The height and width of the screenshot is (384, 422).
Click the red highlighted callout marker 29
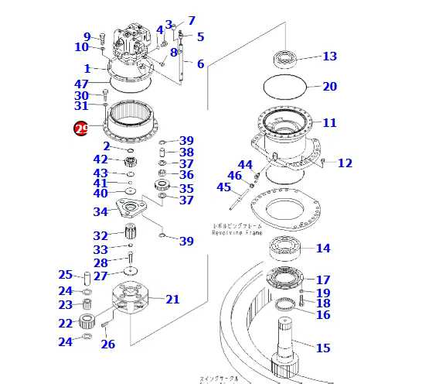[x=80, y=129]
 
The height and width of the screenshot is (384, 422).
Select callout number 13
[x=329, y=57]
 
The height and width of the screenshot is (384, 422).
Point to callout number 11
[x=329, y=123]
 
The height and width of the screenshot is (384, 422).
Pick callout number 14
[x=322, y=249]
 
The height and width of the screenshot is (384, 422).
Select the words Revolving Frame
[x=238, y=231]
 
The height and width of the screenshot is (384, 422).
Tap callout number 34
[x=100, y=212]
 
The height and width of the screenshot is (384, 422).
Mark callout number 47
[x=81, y=84]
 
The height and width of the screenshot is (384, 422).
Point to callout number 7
[x=191, y=21]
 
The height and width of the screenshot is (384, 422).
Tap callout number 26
[x=107, y=345]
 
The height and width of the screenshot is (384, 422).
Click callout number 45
[x=223, y=187]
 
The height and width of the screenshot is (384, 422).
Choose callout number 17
[x=322, y=280]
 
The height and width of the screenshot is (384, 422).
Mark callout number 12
[x=345, y=163]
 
